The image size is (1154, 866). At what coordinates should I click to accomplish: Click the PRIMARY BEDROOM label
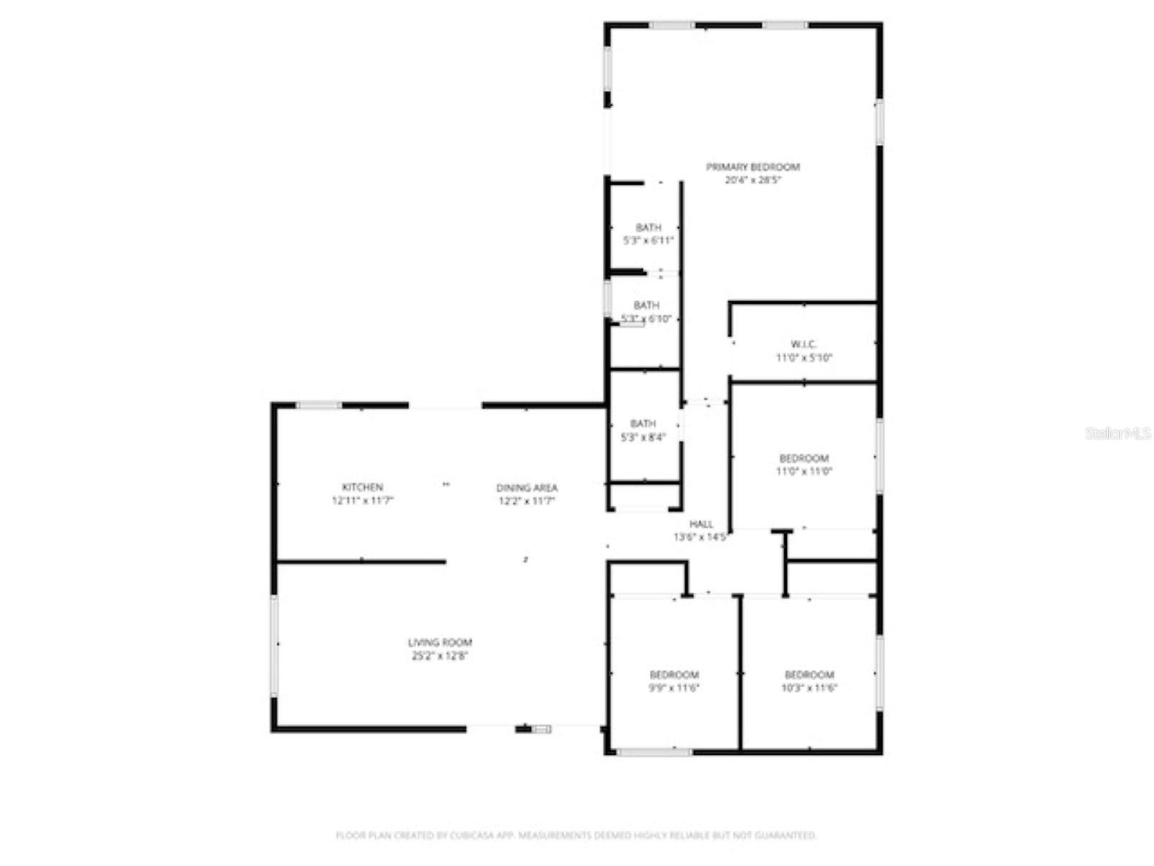click(752, 167)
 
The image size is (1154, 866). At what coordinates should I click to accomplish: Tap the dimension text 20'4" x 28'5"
click(752, 180)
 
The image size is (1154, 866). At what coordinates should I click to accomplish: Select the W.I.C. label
click(803, 344)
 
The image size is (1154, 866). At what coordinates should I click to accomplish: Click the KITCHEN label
click(362, 487)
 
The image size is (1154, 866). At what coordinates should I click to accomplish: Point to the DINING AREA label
click(527, 488)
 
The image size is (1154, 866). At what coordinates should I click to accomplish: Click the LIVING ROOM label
click(440, 642)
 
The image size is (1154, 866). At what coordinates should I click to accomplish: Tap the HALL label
click(701, 524)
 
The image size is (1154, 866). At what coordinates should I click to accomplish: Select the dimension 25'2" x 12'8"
click(440, 656)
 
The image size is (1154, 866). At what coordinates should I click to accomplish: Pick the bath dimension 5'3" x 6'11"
click(648, 241)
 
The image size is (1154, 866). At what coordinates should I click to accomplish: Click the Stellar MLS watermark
click(1117, 433)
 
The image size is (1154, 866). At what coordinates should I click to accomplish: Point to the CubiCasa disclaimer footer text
click(576, 835)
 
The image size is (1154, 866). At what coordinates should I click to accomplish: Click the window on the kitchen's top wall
click(319, 406)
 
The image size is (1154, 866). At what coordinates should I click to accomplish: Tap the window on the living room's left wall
click(274, 645)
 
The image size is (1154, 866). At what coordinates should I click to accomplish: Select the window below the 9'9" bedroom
click(654, 752)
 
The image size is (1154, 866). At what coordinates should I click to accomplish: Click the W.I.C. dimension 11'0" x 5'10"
click(803, 358)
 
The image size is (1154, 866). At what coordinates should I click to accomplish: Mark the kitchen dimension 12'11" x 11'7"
click(362, 501)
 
